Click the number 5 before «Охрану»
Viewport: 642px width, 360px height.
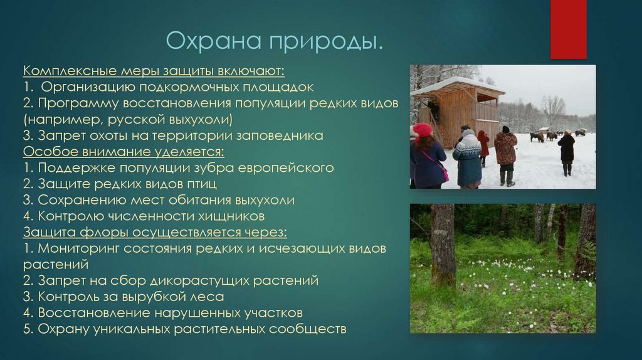pyautogui.click(x=28, y=329)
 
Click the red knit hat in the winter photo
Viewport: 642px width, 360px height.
pyautogui.click(x=423, y=130)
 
